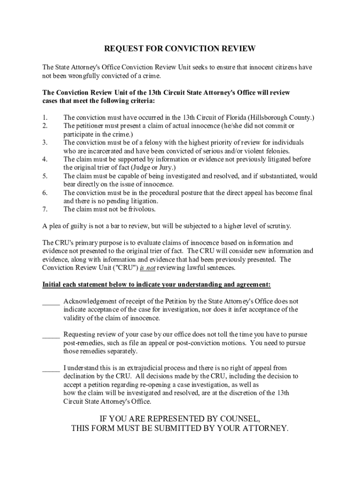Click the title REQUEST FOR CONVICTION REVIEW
[180, 49]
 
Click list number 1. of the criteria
[45, 117]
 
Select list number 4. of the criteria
[45, 160]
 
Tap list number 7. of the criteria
[45, 210]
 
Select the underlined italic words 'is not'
[147, 268]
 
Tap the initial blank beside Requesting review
[50, 335]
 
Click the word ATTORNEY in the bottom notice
[262, 428]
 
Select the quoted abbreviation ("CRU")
[114, 268]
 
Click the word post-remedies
[82, 343]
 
